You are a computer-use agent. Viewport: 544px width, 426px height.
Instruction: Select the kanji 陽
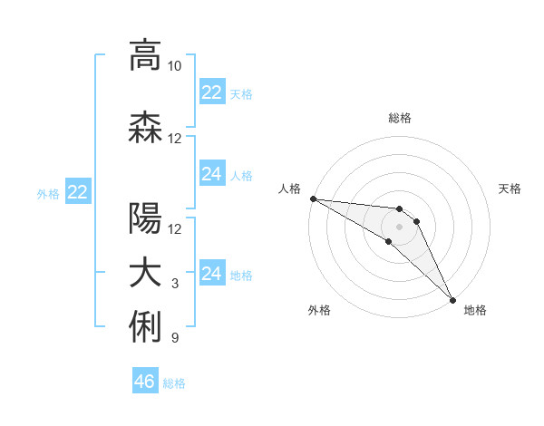click(x=145, y=218)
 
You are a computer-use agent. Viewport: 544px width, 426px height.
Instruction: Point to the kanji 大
click(x=145, y=274)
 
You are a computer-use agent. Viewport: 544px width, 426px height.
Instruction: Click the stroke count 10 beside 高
click(x=175, y=67)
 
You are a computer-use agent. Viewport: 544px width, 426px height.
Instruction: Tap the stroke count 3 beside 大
click(x=175, y=284)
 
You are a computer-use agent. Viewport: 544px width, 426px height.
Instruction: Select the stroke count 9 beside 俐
click(x=175, y=339)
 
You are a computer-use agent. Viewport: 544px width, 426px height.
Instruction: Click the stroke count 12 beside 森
click(x=175, y=139)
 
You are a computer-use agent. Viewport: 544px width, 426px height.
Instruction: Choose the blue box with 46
click(x=145, y=382)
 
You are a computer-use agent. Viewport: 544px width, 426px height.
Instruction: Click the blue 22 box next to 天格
click(x=212, y=92)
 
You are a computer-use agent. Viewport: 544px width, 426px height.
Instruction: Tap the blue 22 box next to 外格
click(x=78, y=192)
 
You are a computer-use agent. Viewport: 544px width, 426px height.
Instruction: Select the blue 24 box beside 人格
click(x=212, y=174)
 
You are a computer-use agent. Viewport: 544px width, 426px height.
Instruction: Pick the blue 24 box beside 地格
click(x=212, y=274)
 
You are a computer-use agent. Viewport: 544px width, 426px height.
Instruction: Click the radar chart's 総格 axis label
click(x=400, y=118)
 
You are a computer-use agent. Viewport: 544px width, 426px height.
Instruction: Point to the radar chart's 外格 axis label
click(x=319, y=310)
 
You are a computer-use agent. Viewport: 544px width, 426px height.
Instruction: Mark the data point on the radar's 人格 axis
click(x=313, y=198)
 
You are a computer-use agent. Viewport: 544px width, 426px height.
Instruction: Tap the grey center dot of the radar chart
click(x=399, y=226)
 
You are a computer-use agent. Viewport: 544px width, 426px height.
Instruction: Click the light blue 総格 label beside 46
click(x=174, y=383)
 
